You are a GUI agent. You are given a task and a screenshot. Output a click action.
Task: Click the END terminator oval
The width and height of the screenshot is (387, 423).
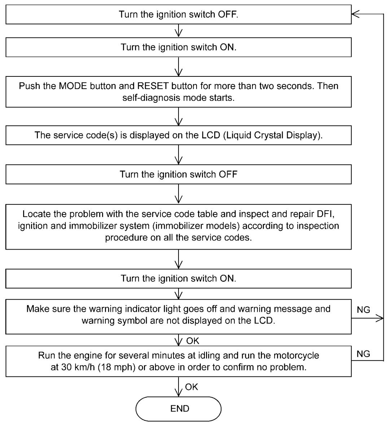(x=179, y=409)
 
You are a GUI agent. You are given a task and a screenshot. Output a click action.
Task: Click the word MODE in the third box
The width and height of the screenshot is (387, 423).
(x=73, y=86)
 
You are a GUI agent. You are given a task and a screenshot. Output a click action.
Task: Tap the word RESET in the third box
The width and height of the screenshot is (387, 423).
(x=153, y=86)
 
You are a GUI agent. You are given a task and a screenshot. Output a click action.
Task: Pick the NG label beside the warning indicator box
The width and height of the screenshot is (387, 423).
(x=363, y=310)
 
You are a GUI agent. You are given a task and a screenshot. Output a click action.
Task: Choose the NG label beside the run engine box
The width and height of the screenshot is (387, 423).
(x=363, y=354)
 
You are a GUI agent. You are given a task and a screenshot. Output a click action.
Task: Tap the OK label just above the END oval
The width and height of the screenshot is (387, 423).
(x=192, y=387)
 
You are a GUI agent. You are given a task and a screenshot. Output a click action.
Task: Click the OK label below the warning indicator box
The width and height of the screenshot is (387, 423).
(x=193, y=341)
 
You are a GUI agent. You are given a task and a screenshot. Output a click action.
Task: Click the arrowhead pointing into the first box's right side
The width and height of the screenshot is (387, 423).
(x=355, y=14)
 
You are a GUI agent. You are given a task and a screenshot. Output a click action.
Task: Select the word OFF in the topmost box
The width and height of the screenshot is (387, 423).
(x=228, y=14)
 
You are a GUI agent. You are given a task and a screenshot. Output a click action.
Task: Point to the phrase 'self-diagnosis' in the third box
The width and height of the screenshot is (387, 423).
(x=150, y=98)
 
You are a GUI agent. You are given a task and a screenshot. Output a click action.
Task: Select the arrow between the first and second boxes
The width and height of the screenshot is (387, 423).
(x=179, y=31)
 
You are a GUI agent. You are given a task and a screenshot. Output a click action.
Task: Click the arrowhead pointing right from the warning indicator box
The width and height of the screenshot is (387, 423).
(x=379, y=318)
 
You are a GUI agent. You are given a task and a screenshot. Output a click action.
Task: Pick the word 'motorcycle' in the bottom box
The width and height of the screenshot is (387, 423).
(x=296, y=356)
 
